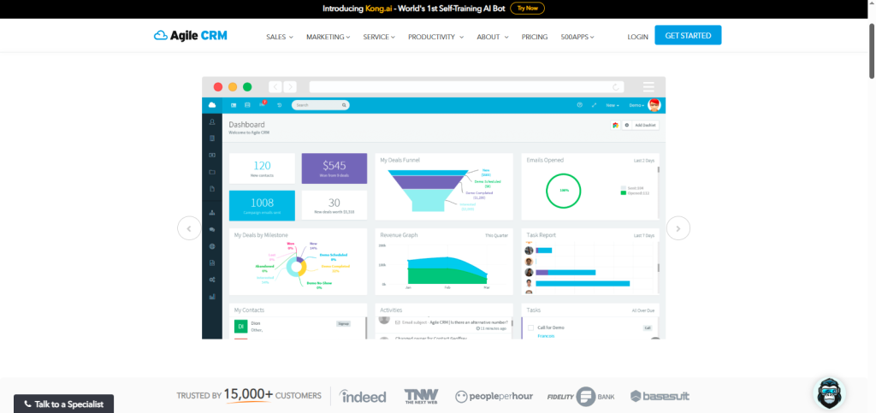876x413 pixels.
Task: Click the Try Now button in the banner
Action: [527, 8]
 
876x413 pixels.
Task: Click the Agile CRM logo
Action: [191, 36]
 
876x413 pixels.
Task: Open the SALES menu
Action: [279, 37]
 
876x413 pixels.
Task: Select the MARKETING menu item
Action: [328, 37]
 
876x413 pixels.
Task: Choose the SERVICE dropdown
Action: [379, 37]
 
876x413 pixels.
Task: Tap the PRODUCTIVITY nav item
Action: [435, 37]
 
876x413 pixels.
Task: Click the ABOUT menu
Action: [492, 37]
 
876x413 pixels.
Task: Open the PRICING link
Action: [535, 37]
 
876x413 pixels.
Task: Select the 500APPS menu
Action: [577, 37]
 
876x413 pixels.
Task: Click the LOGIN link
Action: [637, 37]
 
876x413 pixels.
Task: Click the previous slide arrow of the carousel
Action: [189, 228]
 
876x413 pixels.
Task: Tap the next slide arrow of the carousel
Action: [678, 228]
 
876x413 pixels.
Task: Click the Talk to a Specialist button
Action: [63, 404]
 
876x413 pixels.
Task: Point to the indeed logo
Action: [363, 396]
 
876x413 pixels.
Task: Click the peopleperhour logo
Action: [494, 396]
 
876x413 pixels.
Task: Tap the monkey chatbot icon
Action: [828, 393]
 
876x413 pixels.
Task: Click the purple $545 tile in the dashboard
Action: [334, 168]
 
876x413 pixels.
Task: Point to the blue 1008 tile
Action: [262, 205]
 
